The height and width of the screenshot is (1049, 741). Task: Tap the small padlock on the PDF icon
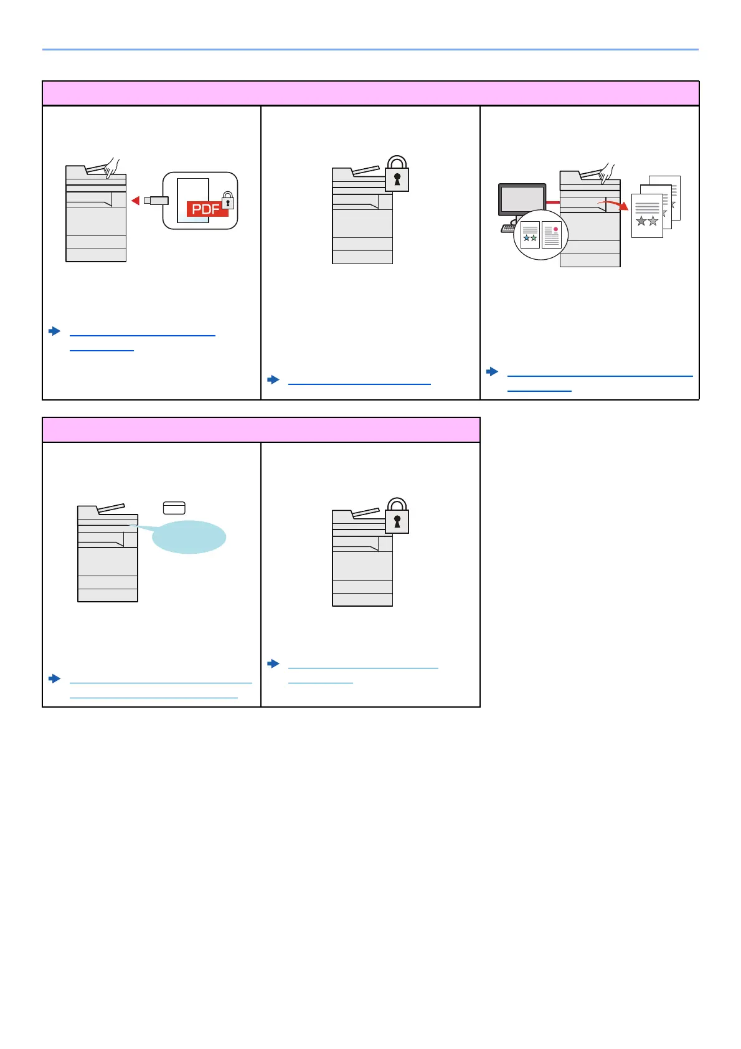point(229,201)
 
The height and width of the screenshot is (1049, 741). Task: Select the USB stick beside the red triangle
point(156,200)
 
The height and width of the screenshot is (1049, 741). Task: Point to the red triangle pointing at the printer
point(135,200)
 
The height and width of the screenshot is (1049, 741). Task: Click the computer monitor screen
point(522,200)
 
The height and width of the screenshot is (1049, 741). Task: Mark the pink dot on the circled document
point(555,229)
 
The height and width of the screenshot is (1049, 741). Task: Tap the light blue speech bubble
point(189,537)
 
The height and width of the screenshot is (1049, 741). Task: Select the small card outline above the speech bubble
point(174,508)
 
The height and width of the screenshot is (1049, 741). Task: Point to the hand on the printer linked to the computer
point(605,173)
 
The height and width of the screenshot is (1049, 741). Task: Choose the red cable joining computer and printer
point(553,202)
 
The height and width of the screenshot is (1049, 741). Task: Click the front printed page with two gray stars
point(647,216)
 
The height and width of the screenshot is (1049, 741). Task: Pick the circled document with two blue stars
point(530,235)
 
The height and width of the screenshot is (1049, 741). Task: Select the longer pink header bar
point(370,93)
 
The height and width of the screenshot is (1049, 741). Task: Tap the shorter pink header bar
point(261,430)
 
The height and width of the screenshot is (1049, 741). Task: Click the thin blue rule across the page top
point(370,49)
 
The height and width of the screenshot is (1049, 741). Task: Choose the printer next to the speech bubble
point(107,554)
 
